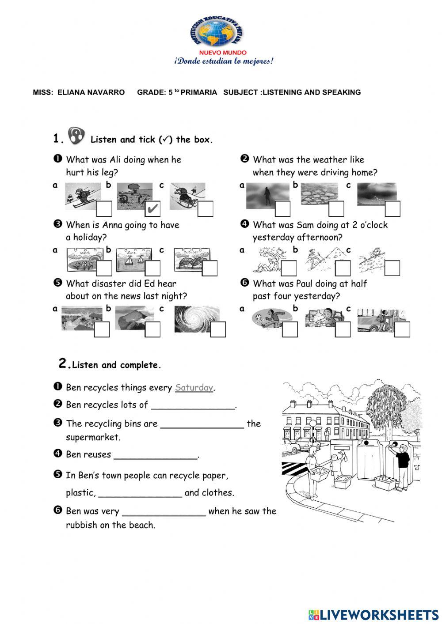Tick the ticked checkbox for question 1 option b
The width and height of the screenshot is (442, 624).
(152, 208)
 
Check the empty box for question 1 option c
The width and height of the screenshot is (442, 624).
(205, 208)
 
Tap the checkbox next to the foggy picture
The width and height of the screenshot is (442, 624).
(282, 208)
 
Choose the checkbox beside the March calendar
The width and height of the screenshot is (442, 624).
(104, 268)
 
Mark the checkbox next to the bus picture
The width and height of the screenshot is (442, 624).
(402, 329)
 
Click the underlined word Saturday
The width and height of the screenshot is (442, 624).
(194, 388)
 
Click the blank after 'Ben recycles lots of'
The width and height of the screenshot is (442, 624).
(193, 405)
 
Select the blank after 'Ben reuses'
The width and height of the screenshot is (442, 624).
(156, 455)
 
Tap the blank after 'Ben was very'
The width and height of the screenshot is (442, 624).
(164, 511)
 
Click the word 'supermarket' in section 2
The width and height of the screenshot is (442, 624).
(93, 437)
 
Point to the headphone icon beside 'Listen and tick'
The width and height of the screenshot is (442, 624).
(76, 136)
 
